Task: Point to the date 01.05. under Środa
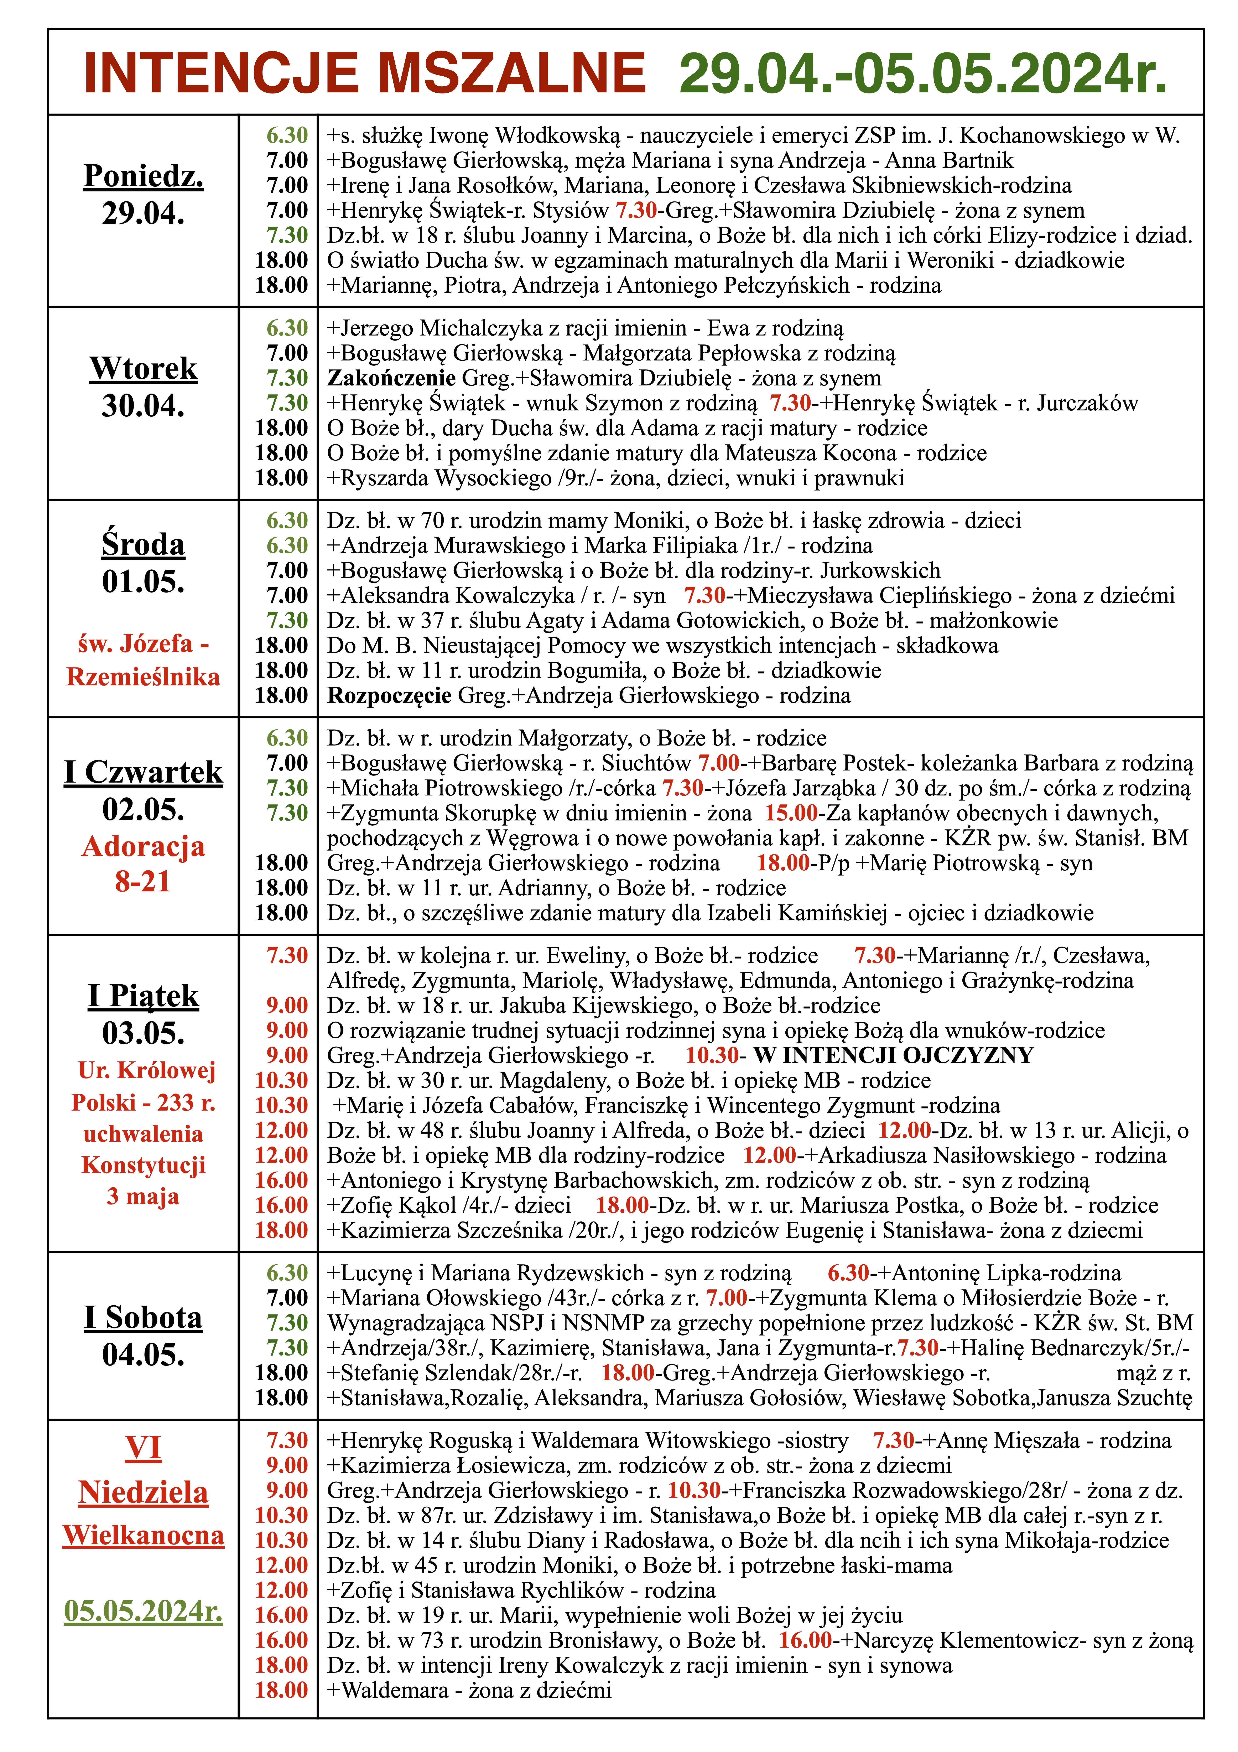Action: point(143,582)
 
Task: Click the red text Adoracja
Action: point(143,846)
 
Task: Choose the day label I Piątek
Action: point(143,996)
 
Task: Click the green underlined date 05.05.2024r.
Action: point(143,1611)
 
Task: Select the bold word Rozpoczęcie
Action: point(389,695)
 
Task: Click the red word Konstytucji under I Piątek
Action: point(143,1165)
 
